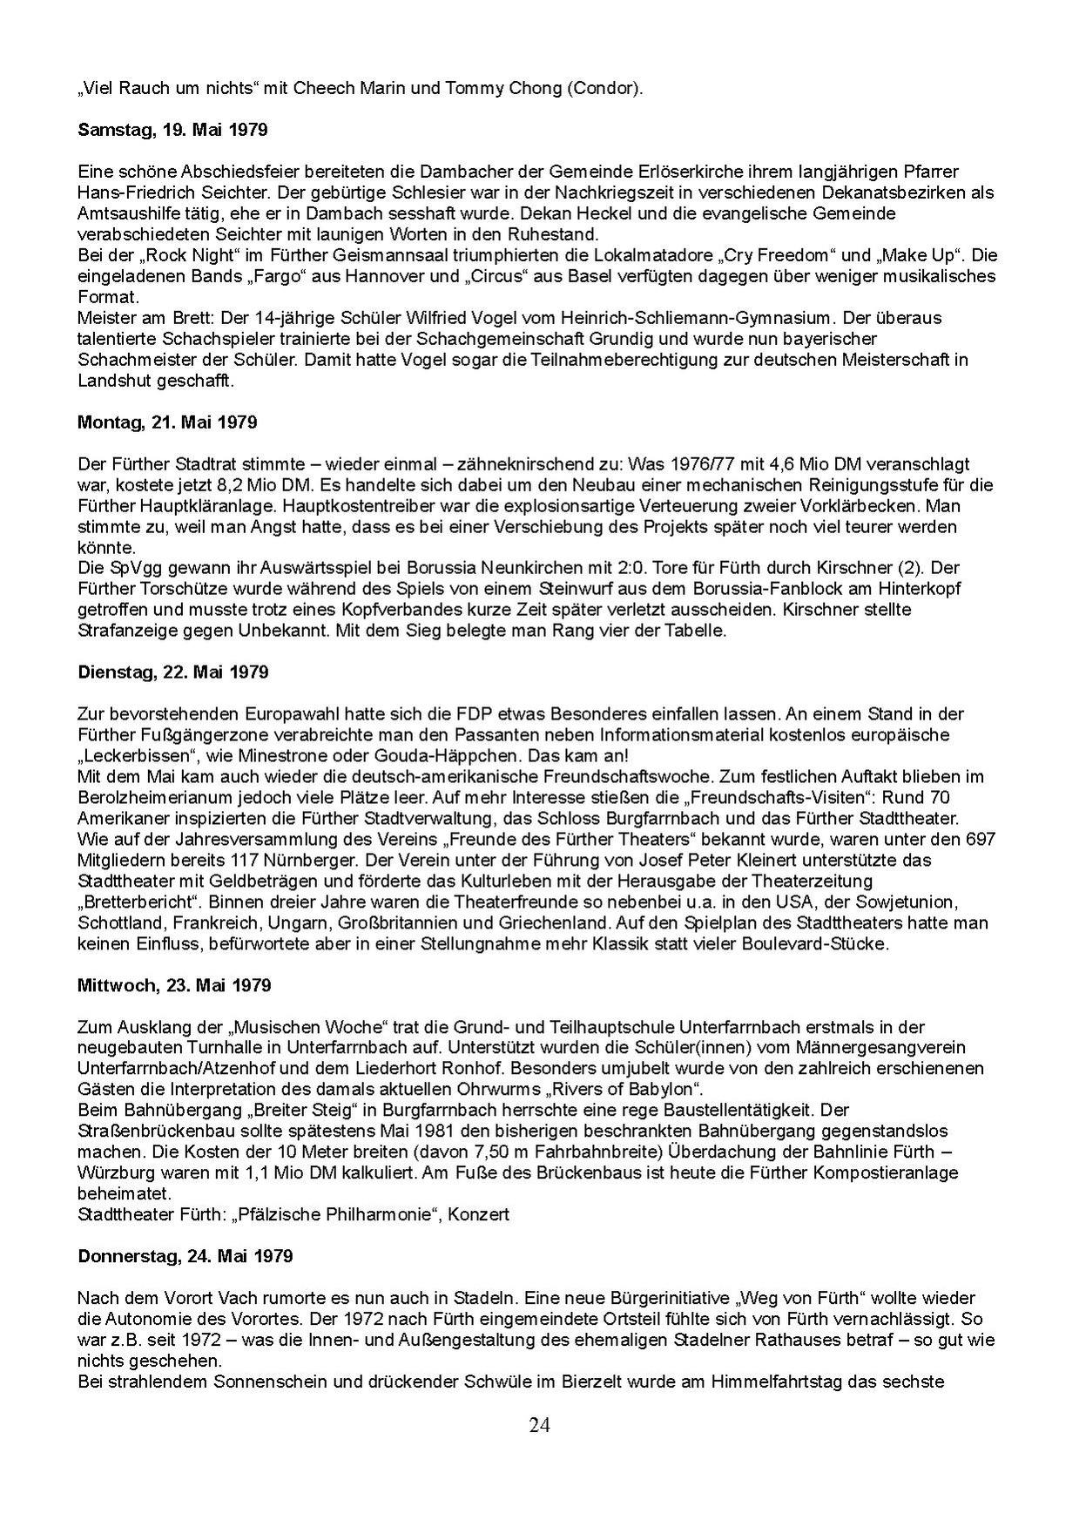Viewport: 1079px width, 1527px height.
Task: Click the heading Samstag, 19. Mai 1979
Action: pos(172,131)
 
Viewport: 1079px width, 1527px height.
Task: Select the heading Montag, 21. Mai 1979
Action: pos(167,422)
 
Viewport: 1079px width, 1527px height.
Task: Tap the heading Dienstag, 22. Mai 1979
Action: pos(173,672)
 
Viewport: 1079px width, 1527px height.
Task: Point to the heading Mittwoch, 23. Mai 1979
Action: pos(174,985)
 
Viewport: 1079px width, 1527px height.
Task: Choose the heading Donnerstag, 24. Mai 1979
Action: pos(185,1256)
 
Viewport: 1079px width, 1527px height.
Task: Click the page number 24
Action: pos(539,1425)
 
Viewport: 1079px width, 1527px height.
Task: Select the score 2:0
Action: pos(590,568)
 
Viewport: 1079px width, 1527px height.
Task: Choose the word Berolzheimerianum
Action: pos(152,797)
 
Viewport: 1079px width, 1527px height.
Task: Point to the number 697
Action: pos(981,839)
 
